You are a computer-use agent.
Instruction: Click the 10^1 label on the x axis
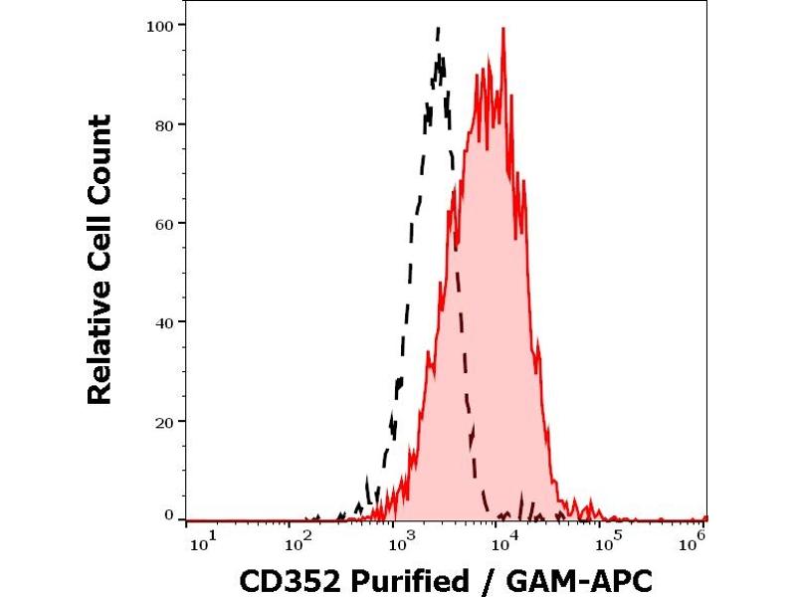click(x=199, y=542)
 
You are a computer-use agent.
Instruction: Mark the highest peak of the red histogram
click(x=503, y=29)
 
